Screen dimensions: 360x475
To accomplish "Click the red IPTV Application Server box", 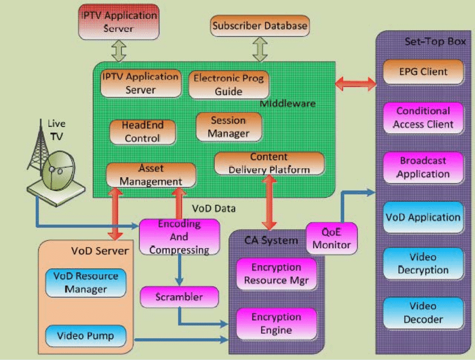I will click(120, 21).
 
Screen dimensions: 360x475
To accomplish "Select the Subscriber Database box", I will click(260, 26).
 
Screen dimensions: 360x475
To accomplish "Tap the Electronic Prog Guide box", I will click(229, 84).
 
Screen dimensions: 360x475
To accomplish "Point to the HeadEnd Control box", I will click(142, 132).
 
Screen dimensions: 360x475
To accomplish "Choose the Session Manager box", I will click(229, 127).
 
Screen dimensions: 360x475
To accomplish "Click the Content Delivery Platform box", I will click(269, 163).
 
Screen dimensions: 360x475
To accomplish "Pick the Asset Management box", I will click(151, 175).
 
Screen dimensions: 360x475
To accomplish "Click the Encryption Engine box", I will click(276, 324).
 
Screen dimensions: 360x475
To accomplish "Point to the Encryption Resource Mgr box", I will click(276, 274).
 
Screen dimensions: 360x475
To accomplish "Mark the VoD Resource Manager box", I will click(85, 282).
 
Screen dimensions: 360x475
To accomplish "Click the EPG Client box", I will click(423, 72).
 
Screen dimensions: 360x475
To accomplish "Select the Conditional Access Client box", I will click(423, 118).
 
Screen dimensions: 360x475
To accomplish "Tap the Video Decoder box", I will click(423, 313).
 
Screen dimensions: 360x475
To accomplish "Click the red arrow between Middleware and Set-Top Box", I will click(355, 84).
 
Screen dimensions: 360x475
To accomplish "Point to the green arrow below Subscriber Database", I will click(260, 49).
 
